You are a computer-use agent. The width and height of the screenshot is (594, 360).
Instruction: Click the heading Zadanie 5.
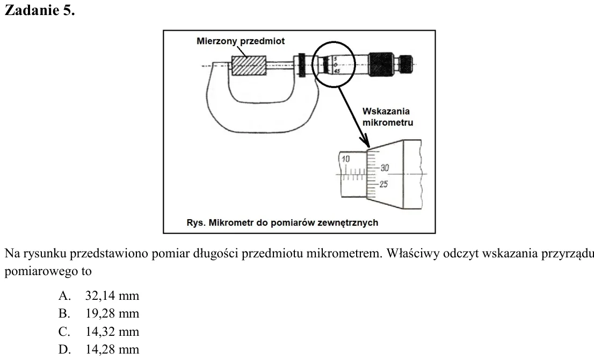point(40,10)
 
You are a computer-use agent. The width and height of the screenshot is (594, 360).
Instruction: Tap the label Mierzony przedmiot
point(241,41)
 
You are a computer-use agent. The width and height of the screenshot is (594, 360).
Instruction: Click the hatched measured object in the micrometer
point(249,65)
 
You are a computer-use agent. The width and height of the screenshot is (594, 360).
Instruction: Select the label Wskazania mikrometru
point(388,117)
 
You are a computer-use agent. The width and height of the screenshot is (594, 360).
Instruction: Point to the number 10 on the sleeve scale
point(345,159)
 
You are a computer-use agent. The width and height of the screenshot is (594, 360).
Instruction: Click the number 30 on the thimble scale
point(385,168)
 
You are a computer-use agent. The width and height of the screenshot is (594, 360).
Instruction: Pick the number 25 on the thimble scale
point(384,184)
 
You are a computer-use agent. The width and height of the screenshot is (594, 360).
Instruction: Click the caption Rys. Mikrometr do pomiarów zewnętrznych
point(282,222)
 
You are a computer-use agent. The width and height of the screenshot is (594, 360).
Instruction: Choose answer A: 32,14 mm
point(99,296)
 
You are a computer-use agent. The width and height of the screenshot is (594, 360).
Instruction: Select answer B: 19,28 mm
point(99,313)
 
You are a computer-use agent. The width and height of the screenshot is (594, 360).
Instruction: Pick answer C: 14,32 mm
point(99,332)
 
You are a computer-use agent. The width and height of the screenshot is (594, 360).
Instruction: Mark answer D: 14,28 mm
point(99,349)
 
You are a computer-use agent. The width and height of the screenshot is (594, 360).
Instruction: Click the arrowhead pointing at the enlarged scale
point(365,141)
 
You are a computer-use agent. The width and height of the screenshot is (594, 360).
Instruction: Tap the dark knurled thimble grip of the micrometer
point(381,63)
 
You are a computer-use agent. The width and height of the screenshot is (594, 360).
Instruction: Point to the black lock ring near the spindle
point(302,65)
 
